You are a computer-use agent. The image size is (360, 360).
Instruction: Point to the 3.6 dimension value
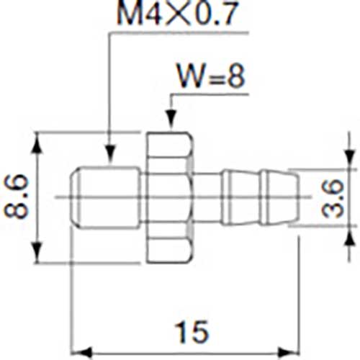click(332, 199)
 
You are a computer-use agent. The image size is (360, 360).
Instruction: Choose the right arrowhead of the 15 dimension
click(292, 352)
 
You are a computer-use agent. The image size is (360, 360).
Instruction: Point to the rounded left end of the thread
click(74, 196)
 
